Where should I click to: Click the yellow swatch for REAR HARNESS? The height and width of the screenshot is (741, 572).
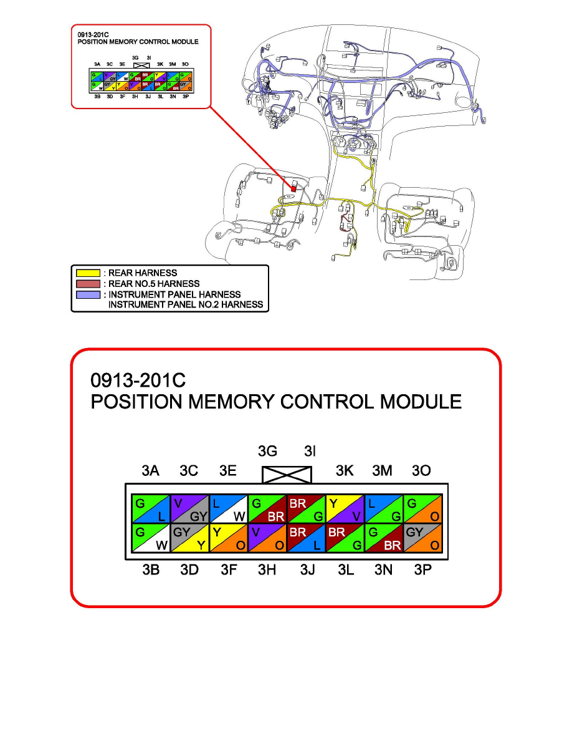tap(88, 273)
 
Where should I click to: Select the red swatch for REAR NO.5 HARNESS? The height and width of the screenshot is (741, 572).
tap(88, 284)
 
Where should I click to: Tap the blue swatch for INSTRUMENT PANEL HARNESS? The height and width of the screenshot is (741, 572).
tap(88, 294)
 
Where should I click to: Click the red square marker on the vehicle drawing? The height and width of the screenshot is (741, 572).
tap(293, 188)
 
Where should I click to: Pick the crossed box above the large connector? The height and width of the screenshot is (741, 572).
tap(286, 475)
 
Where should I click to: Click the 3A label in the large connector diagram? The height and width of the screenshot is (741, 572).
tap(150, 471)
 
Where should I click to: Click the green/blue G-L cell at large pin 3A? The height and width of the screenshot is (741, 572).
tap(150, 510)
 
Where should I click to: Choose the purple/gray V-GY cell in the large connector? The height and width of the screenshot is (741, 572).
tap(189, 510)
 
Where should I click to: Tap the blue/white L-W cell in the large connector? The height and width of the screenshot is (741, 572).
tap(228, 510)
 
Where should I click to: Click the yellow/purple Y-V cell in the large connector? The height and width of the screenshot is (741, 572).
tap(345, 510)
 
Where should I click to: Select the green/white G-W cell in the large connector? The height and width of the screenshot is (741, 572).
tap(150, 538)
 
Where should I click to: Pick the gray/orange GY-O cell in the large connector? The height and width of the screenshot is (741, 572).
tap(423, 538)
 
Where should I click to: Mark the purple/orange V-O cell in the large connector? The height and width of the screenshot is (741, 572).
tap(267, 538)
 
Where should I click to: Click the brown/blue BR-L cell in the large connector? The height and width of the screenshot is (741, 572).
tap(306, 538)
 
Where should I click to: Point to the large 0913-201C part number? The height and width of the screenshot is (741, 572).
tap(139, 380)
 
